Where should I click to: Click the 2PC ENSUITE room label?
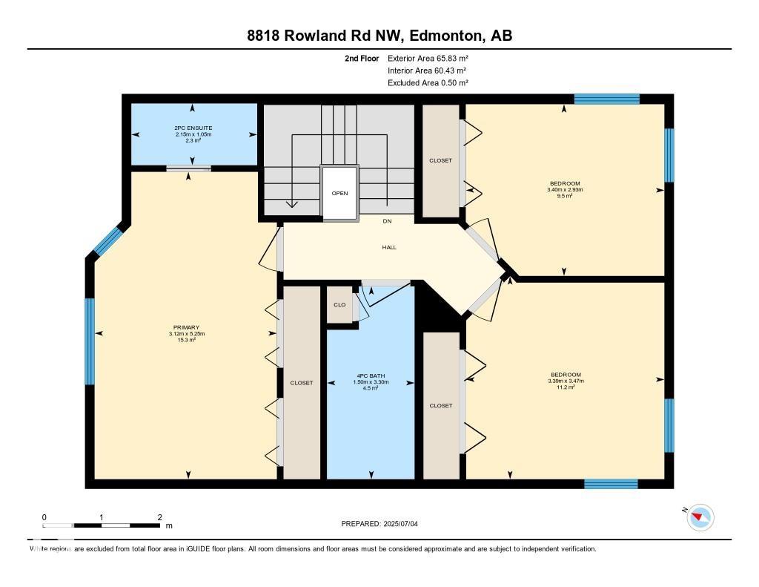[193, 128]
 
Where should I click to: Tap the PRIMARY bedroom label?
[186, 328]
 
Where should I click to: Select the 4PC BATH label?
[371, 376]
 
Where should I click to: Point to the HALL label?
[389, 247]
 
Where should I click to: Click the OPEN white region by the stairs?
[339, 193]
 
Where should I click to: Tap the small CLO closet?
[339, 304]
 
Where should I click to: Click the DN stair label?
[387, 221]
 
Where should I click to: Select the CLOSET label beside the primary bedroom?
[302, 383]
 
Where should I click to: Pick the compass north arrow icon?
[700, 517]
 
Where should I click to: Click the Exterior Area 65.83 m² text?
[428, 58]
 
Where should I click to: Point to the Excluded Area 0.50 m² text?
[428, 83]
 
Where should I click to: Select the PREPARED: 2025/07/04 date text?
[379, 523]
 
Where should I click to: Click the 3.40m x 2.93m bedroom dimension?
[565, 189]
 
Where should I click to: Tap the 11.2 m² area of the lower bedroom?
[566, 387]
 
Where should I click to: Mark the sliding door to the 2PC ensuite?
[189, 168]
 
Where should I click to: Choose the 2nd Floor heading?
[362, 58]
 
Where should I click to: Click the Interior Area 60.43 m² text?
[427, 70]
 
